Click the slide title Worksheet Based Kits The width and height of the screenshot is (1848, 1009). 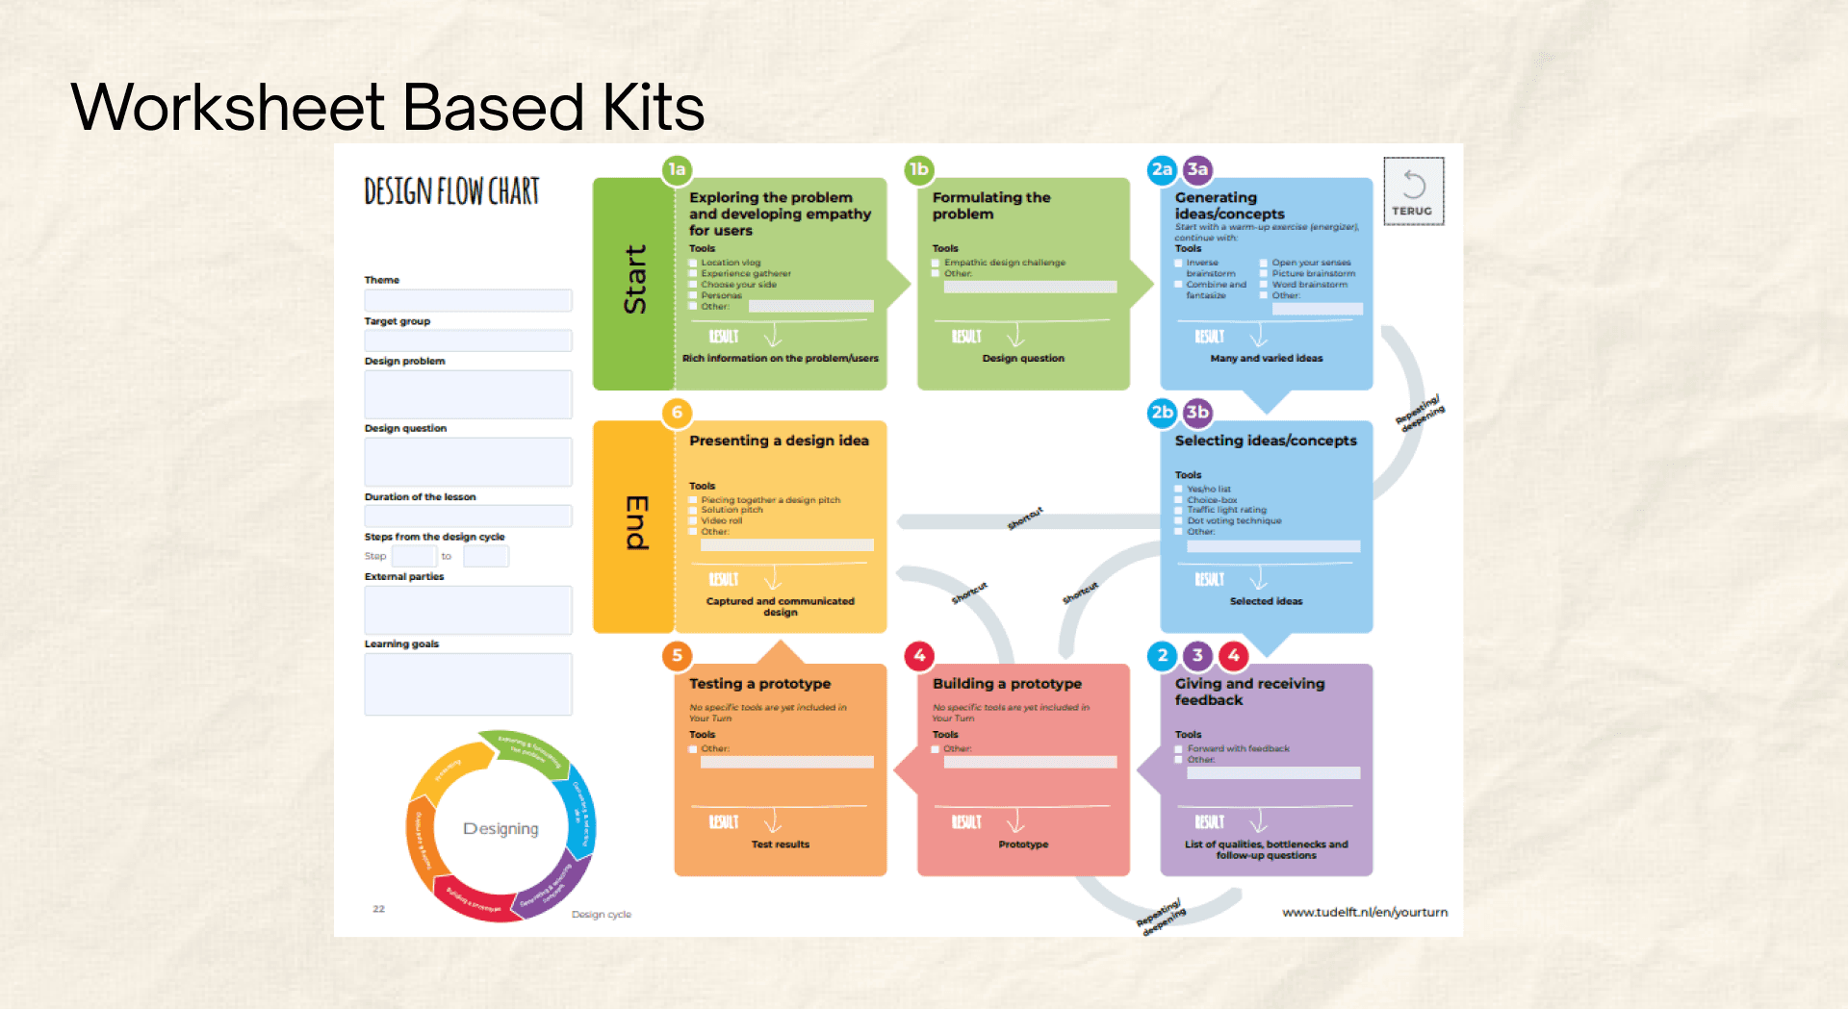click(x=387, y=107)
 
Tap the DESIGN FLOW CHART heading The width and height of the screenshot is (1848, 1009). click(x=451, y=191)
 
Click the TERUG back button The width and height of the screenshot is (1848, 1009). click(x=1413, y=191)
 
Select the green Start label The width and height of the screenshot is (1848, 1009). click(x=634, y=280)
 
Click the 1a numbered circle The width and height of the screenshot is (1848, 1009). click(x=677, y=170)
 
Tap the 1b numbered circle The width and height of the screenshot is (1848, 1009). click(x=919, y=170)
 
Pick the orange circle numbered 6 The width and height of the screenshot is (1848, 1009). click(x=677, y=414)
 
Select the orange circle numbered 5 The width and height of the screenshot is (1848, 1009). click(x=677, y=656)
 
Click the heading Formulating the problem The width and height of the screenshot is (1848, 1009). click(x=990, y=206)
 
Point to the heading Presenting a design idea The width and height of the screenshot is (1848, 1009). click(x=779, y=441)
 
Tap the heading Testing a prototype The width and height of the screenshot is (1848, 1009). click(x=759, y=684)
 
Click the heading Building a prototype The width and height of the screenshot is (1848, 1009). click(x=1007, y=684)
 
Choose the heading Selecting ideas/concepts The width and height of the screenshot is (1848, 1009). click(x=1266, y=441)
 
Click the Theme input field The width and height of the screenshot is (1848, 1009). click(x=468, y=300)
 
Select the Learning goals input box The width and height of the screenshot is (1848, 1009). click(x=468, y=684)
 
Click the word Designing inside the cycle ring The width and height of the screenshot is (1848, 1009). click(x=500, y=829)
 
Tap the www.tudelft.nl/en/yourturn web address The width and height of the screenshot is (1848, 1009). click(x=1364, y=912)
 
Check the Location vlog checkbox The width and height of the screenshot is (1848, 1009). click(x=693, y=263)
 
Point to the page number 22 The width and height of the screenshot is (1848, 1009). click(x=379, y=909)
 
